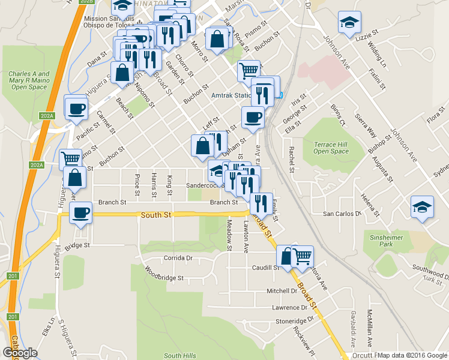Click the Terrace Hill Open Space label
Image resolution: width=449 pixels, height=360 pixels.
(331, 148)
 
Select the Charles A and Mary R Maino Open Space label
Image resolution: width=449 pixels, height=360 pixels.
(29, 80)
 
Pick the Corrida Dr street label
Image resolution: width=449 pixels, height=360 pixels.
(177, 258)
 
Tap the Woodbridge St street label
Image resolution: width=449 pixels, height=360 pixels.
(164, 278)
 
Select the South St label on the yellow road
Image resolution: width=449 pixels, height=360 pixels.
(157, 214)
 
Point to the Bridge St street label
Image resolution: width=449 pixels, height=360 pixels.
(77, 245)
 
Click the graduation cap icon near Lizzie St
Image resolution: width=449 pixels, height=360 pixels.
(349, 22)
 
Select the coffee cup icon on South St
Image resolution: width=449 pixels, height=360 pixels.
(80, 212)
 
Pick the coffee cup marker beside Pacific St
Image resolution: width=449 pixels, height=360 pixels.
(76, 109)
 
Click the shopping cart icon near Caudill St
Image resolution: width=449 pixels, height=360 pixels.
(302, 256)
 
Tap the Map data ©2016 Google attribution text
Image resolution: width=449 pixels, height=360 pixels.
(412, 355)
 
